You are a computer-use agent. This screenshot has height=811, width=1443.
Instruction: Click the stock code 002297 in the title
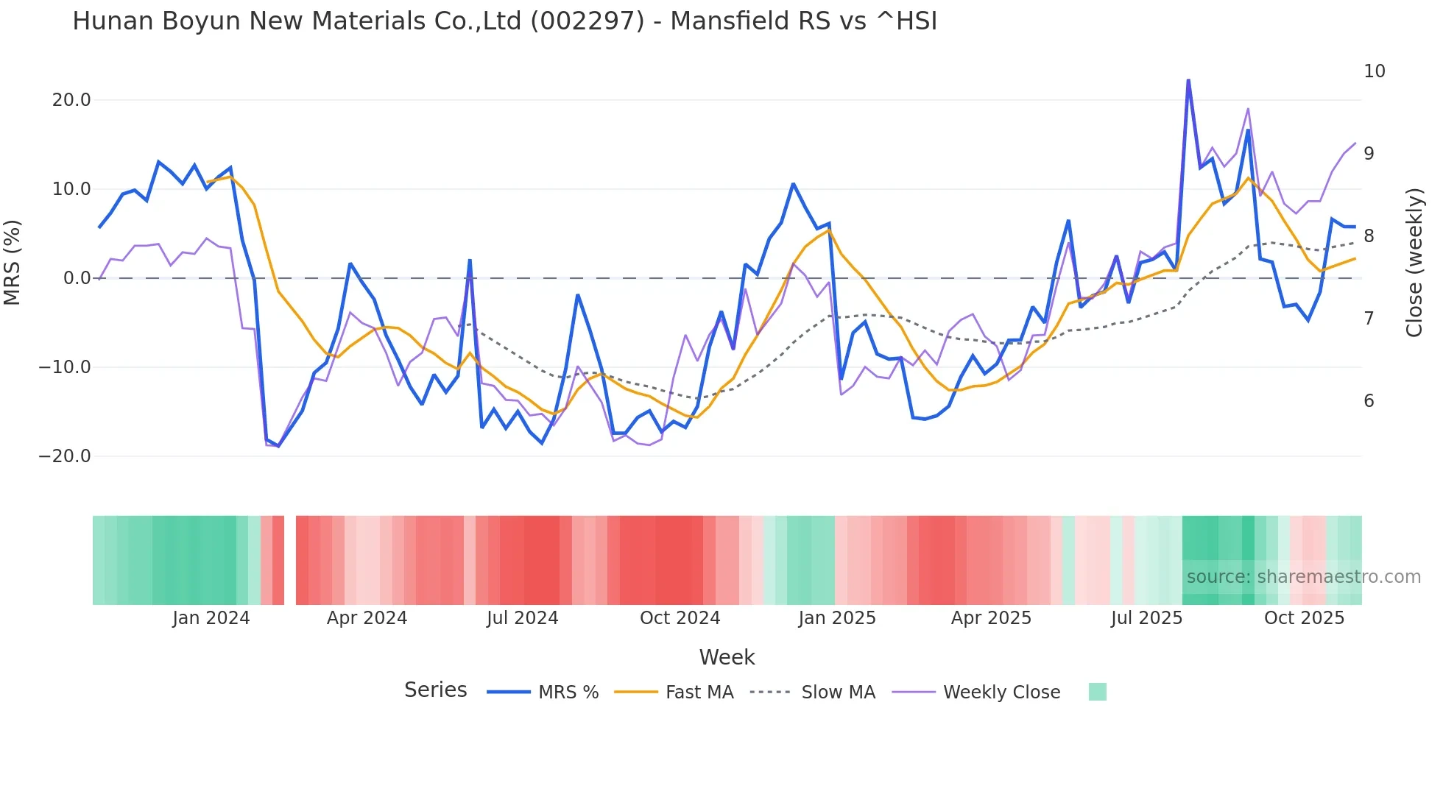pyautogui.click(x=588, y=21)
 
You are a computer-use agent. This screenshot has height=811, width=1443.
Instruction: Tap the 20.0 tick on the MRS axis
pyautogui.click(x=71, y=100)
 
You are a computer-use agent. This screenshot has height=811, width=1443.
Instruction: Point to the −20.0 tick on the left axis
pyautogui.click(x=65, y=456)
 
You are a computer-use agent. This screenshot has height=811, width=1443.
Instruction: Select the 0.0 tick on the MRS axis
pyautogui.click(x=77, y=278)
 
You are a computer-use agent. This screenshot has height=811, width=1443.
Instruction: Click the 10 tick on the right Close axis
pyautogui.click(x=1374, y=71)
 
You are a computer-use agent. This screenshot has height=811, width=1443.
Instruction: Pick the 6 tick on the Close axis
pyautogui.click(x=1369, y=401)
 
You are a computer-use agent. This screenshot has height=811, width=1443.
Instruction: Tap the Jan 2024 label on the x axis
pyautogui.click(x=211, y=618)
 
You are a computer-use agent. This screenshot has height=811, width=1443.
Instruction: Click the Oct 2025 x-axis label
pyautogui.click(x=1304, y=618)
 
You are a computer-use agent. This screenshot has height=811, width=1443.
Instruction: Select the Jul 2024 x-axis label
pyautogui.click(x=522, y=618)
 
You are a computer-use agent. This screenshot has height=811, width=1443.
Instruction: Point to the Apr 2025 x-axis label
pyautogui.click(x=991, y=618)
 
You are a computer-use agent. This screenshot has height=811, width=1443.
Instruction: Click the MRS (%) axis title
pyautogui.click(x=13, y=263)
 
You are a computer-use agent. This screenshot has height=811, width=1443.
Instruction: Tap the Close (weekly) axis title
pyautogui.click(x=1414, y=263)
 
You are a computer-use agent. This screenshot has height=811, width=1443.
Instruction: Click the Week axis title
pyautogui.click(x=727, y=657)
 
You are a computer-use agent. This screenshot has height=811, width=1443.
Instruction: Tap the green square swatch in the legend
pyautogui.click(x=1097, y=692)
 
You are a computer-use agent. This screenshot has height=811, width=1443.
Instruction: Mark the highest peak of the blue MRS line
pyautogui.click(x=1188, y=80)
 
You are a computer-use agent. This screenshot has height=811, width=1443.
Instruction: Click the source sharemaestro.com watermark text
pyautogui.click(x=1303, y=577)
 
